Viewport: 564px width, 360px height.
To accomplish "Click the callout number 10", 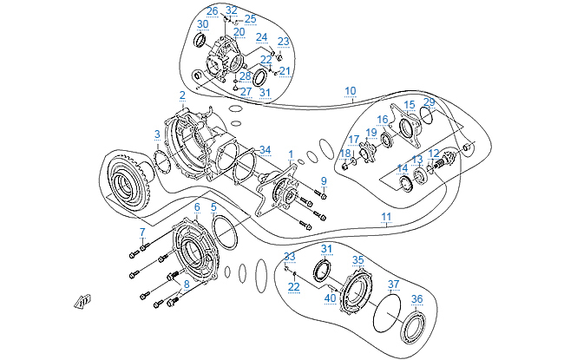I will pyautogui.click(x=350, y=90).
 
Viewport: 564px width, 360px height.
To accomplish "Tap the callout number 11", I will pyautogui.click(x=386, y=215).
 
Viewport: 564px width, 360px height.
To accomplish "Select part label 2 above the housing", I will pyautogui.click(x=183, y=95).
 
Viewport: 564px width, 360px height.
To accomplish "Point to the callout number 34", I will pyautogui.click(x=265, y=149).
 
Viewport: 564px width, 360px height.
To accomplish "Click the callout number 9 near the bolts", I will pyautogui.click(x=324, y=180).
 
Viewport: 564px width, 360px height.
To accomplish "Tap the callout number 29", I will pyautogui.click(x=429, y=102).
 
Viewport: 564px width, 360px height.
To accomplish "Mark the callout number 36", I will pyautogui.click(x=417, y=299).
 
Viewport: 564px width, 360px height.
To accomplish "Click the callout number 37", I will pyautogui.click(x=393, y=285).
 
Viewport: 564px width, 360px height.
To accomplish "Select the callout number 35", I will pyautogui.click(x=357, y=259).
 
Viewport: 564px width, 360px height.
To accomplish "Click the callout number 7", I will pyautogui.click(x=141, y=232).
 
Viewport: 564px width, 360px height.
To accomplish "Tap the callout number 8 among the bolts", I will pyautogui.click(x=186, y=284).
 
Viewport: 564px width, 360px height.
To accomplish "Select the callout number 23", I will pyautogui.click(x=283, y=41).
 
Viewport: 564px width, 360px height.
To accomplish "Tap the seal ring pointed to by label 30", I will pyautogui.click(x=200, y=41).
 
